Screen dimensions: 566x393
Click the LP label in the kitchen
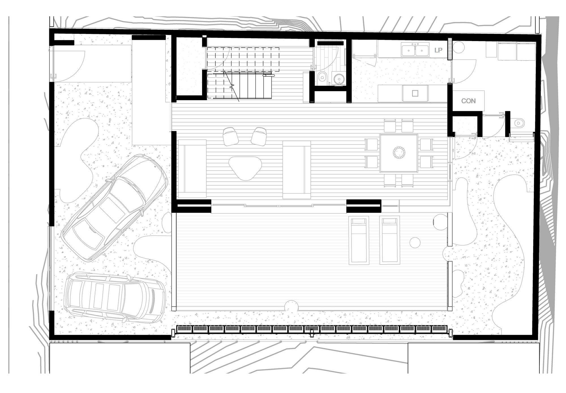pos(438,50)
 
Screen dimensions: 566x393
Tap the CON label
pos(468,101)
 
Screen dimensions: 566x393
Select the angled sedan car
pos(113,207)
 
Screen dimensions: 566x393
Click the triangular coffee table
pos(245,168)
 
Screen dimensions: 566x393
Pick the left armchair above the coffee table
pos(231,136)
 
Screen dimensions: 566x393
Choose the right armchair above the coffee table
pos(259,136)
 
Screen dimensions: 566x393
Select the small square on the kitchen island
pos(415,93)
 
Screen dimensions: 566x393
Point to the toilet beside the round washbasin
pos(322,77)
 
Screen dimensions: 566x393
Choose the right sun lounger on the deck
pos(390,240)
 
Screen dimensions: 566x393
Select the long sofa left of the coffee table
pos(192,169)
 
